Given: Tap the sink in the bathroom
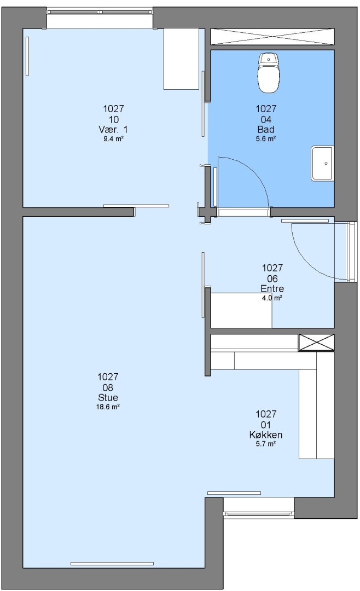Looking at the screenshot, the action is point(322,164).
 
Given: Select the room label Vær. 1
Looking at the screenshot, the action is point(113,130).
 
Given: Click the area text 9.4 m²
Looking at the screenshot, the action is point(113,139).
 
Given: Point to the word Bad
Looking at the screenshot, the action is point(266,130).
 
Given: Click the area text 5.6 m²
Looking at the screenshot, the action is point(266,138).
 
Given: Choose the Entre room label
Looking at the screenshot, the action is point(272,289).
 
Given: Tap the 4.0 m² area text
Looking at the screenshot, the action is point(272,298).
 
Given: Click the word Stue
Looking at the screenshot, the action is point(108,398).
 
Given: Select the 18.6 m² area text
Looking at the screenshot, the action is point(108,407).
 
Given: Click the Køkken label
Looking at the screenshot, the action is point(266,435).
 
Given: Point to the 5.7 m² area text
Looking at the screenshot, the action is point(266,444).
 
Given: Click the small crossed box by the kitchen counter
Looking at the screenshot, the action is point(317,343).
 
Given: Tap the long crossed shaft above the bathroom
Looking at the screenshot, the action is point(272,37).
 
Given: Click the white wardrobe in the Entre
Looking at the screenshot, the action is point(241,310).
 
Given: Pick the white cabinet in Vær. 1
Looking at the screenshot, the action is point(181,59).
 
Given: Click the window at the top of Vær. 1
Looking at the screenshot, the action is point(100,12).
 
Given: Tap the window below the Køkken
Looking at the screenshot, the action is point(259,513).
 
